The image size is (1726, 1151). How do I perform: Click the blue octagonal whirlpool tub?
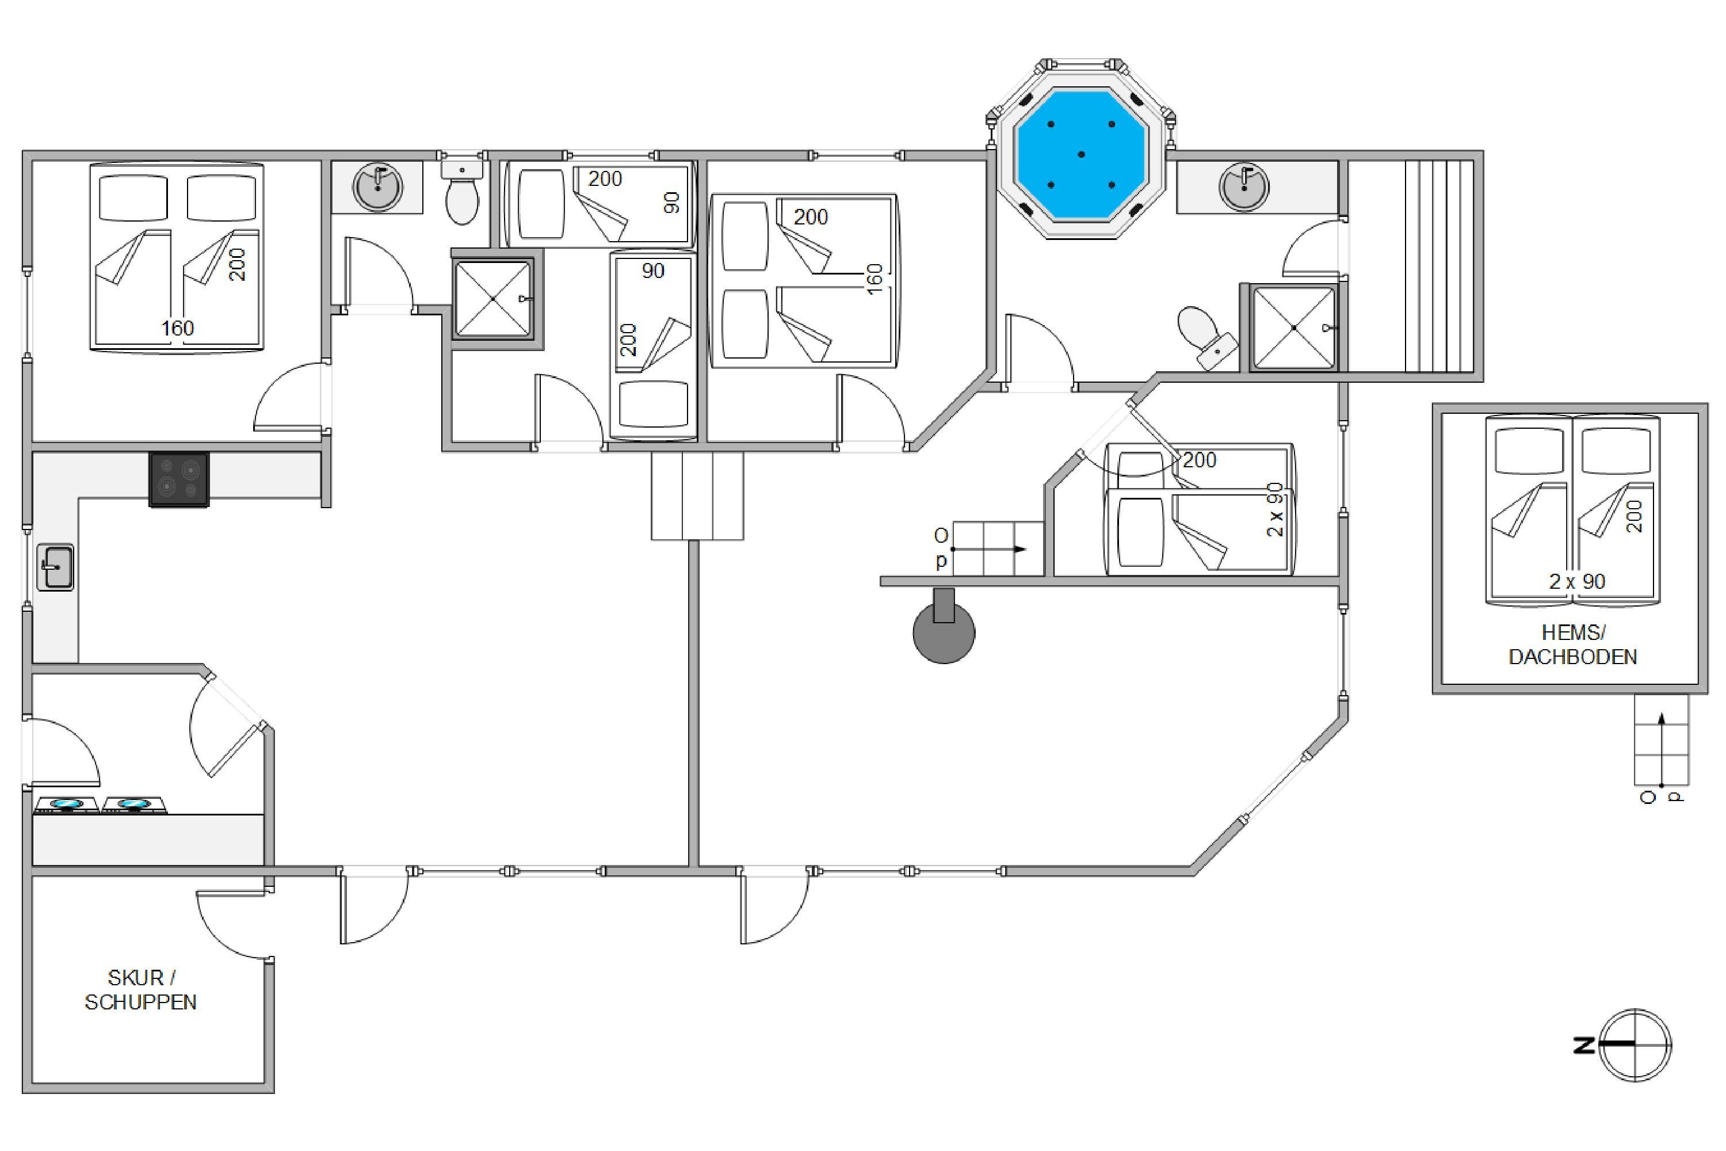click(x=1081, y=154)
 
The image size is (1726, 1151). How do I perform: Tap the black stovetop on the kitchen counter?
click(x=179, y=479)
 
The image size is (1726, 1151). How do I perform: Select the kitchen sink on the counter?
click(x=55, y=567)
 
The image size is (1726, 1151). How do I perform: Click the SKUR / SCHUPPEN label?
click(x=141, y=989)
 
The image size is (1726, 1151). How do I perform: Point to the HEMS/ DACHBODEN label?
click(x=1572, y=645)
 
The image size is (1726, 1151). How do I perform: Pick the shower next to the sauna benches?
click(x=1294, y=327)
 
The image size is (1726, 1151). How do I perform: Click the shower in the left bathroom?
click(x=493, y=299)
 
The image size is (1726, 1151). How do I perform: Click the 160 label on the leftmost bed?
click(x=178, y=328)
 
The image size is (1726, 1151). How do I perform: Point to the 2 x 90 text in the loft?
click(x=1577, y=581)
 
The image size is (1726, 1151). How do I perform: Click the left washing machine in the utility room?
click(x=66, y=805)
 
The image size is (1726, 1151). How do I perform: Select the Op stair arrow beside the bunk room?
click(x=988, y=549)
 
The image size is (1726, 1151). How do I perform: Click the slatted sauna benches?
click(x=1439, y=266)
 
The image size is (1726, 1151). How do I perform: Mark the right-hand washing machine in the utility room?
click(x=134, y=805)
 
